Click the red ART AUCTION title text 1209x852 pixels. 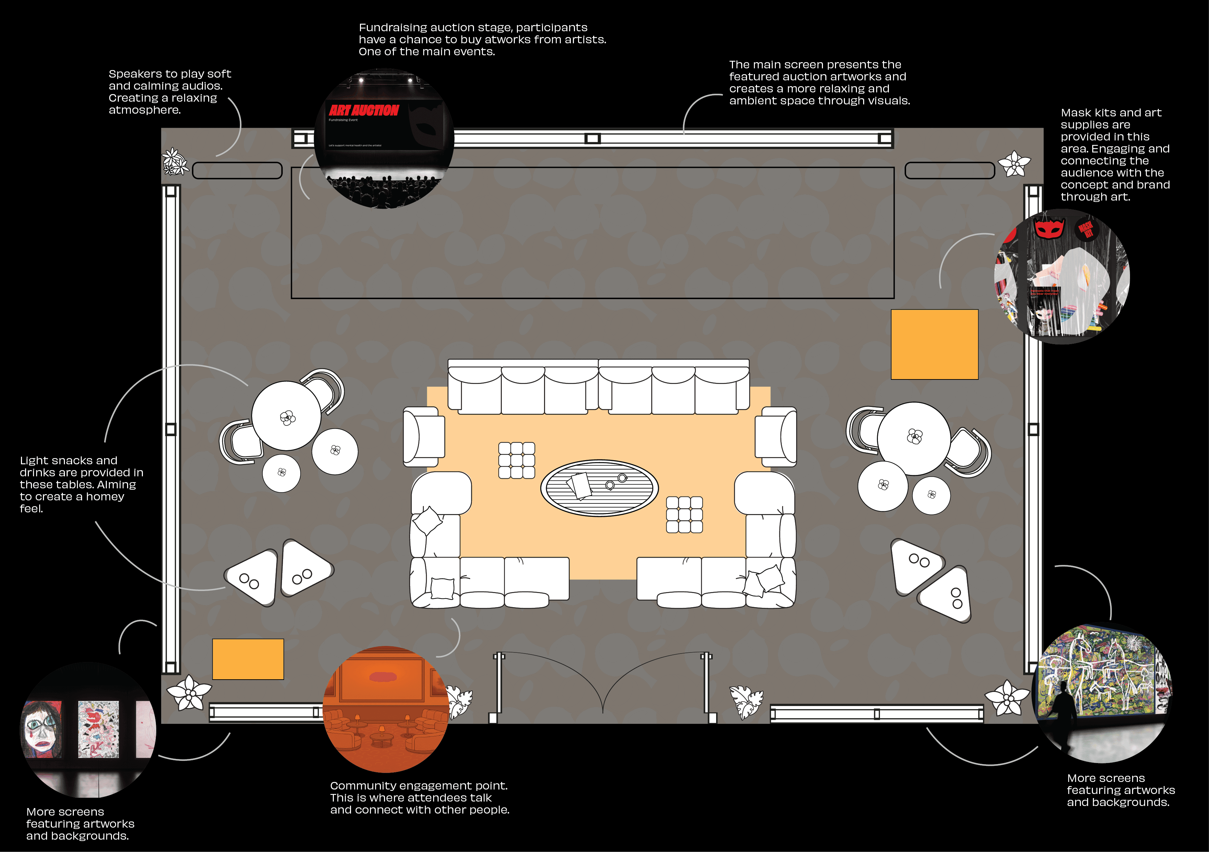(364, 110)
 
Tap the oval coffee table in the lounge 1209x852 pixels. (599, 488)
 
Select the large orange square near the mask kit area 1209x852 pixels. (934, 344)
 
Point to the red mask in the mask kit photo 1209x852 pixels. (1049, 228)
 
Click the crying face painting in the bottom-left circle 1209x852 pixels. (42, 728)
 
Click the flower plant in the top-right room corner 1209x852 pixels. (1014, 164)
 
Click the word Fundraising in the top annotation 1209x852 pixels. (392, 27)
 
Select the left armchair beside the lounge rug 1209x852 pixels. (424, 436)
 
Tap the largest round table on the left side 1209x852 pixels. (286, 416)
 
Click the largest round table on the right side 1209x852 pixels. (914, 438)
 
